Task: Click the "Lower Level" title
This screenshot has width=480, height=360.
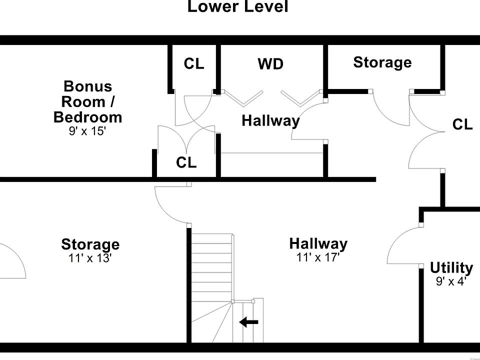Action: (237, 7)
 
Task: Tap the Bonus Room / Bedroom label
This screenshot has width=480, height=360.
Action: (87, 102)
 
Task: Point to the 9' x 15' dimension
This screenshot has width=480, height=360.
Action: (87, 131)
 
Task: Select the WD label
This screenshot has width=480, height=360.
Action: (270, 64)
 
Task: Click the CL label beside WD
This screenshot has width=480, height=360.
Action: (194, 63)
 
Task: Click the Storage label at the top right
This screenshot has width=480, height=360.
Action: (382, 62)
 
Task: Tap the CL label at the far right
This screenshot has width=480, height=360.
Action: (462, 124)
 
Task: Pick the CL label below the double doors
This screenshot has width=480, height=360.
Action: (186, 162)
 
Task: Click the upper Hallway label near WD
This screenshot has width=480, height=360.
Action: (270, 120)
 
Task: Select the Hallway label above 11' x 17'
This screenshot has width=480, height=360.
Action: (318, 244)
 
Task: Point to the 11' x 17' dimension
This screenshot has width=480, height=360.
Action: (318, 257)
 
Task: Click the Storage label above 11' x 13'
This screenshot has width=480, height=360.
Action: (90, 244)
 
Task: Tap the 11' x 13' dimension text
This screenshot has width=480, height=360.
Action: (90, 258)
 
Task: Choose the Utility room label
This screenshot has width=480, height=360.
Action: (451, 268)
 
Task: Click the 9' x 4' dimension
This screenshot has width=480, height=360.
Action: (451, 281)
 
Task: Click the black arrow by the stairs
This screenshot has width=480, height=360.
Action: (248, 322)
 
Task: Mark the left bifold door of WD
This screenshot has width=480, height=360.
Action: (243, 98)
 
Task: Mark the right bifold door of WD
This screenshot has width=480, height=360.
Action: (300, 98)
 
